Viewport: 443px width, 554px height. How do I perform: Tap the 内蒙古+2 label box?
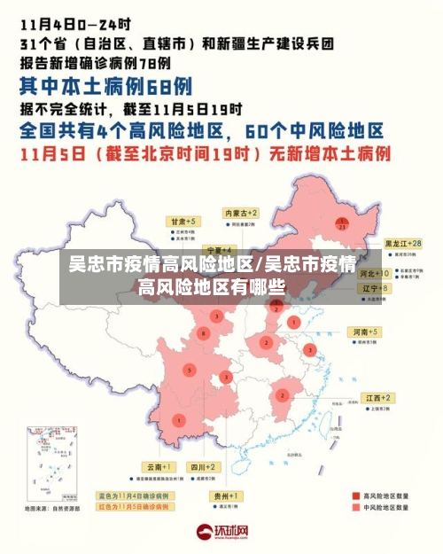coord(241,214)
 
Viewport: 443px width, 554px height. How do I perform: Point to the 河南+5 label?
coord(364,331)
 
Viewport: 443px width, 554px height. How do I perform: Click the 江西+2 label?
coord(375,398)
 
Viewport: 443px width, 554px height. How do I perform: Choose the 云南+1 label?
coord(159,466)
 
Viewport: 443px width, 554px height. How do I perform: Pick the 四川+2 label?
coord(202,466)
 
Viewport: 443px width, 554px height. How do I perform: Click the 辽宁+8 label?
coord(376,288)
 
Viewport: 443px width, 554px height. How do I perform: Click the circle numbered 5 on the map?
coord(189,369)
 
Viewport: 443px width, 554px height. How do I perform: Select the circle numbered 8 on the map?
coord(205,332)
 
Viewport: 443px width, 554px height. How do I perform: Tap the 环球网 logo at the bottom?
coord(221,533)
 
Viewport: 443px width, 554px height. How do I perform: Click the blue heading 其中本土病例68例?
coord(105,86)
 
